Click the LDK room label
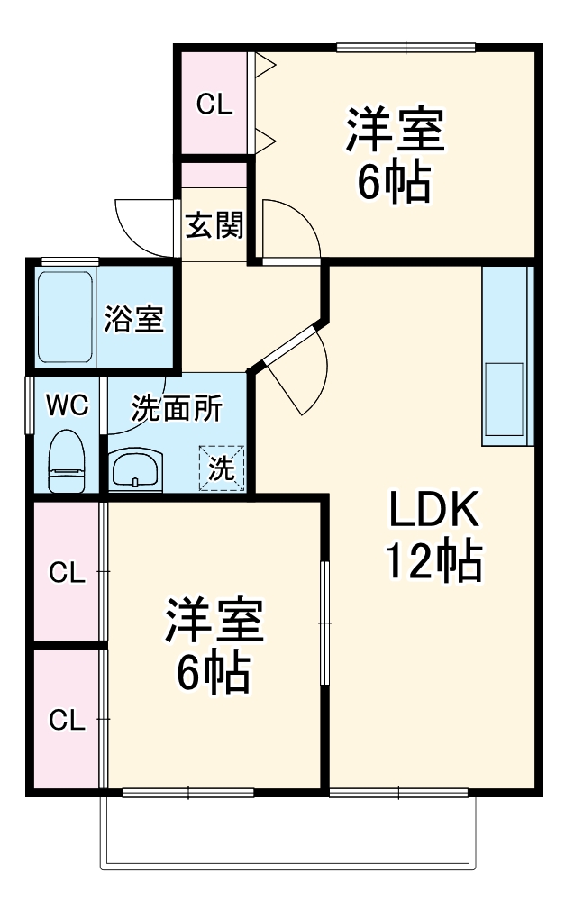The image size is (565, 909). tap(434, 509)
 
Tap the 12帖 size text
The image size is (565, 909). tap(434, 560)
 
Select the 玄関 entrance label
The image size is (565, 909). tap(214, 224)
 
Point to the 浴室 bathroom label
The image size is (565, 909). tap(134, 318)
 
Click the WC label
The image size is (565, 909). tap(68, 405)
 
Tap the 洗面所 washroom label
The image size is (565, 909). tap(177, 409)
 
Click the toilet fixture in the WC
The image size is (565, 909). tap(67, 461)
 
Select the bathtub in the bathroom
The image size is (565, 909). tap(65, 316)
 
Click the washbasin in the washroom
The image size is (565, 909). tap(135, 468)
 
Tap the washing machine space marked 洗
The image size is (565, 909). tap(222, 468)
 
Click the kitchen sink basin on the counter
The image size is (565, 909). tap(504, 398)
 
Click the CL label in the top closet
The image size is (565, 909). tap(214, 105)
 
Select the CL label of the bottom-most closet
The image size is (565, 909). tap(67, 720)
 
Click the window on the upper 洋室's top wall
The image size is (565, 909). tap(406, 48)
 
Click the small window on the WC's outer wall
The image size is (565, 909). tap(29, 405)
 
